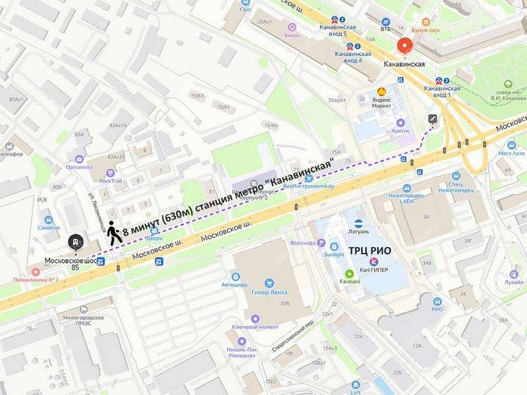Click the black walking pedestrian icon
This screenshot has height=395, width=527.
coord(114,233)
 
